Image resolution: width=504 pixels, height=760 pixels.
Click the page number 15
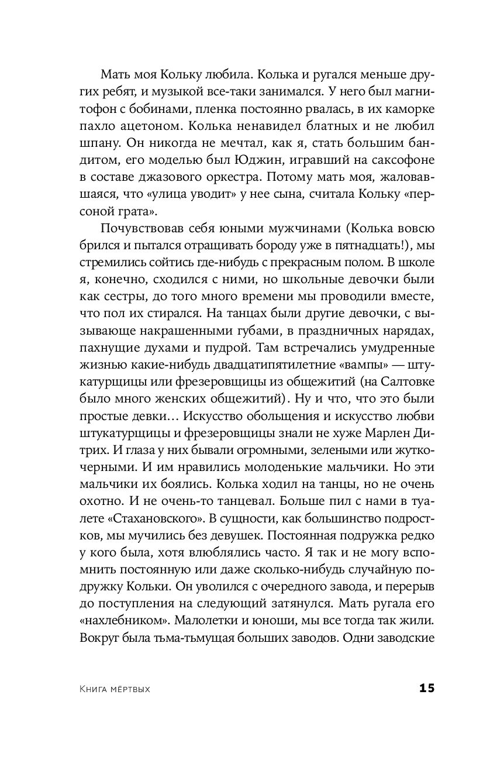point(427,688)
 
